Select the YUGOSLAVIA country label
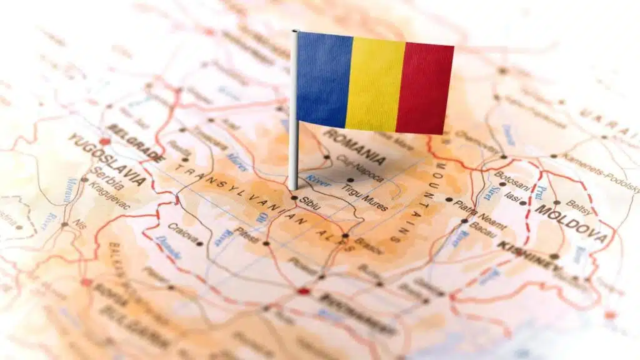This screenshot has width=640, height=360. click(x=107, y=159)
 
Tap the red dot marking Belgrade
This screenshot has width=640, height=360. click(x=104, y=141)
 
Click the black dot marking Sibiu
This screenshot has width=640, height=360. click(x=294, y=198)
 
